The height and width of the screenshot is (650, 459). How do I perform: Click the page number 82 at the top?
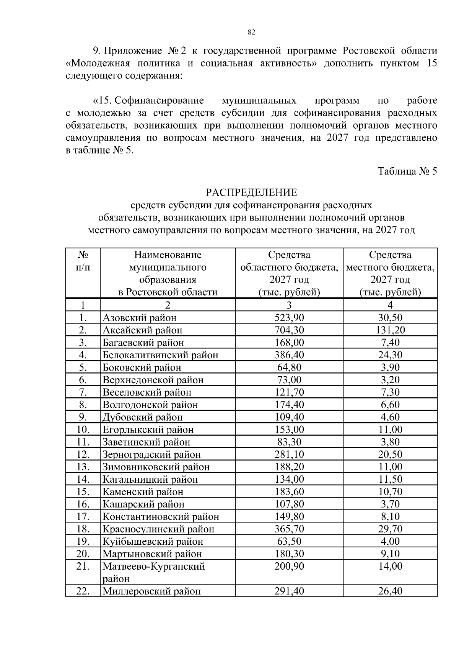tap(251, 32)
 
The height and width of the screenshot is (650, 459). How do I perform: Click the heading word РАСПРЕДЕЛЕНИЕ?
tap(251, 192)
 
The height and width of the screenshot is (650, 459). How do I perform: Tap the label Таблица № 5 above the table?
tap(407, 171)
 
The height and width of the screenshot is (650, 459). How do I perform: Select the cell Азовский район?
tap(140, 318)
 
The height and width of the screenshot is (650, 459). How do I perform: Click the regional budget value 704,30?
tap(289, 330)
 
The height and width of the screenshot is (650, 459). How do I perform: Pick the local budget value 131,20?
tap(390, 330)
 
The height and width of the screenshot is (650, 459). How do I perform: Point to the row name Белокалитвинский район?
tap(160, 355)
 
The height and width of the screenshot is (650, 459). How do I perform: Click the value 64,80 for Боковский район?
tap(289, 367)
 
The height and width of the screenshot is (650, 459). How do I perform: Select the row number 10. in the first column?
tap(83, 430)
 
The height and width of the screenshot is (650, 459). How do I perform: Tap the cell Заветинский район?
tap(146, 442)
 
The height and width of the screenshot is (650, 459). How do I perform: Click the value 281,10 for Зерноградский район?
tap(289, 454)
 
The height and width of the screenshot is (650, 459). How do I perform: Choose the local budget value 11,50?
tap(390, 479)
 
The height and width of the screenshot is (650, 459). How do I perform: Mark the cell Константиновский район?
tap(161, 517)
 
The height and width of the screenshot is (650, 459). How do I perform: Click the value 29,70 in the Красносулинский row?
tap(390, 529)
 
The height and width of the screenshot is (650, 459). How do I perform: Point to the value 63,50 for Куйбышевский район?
tap(289, 542)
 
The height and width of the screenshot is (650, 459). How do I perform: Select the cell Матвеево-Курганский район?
tap(153, 572)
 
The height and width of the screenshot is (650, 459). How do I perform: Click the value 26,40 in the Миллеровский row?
tap(390, 591)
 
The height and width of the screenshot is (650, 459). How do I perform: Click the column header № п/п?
tap(83, 261)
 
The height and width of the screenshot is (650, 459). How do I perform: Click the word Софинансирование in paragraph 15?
tap(159, 101)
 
